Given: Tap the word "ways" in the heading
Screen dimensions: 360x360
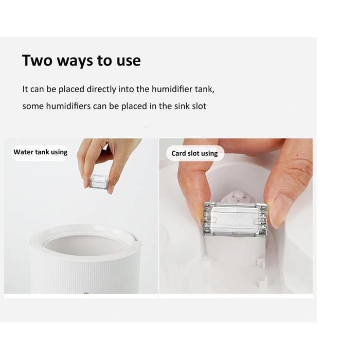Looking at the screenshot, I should (74, 61).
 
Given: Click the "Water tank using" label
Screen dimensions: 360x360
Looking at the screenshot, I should (41, 152).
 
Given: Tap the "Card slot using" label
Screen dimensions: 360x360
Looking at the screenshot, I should (194, 153).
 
